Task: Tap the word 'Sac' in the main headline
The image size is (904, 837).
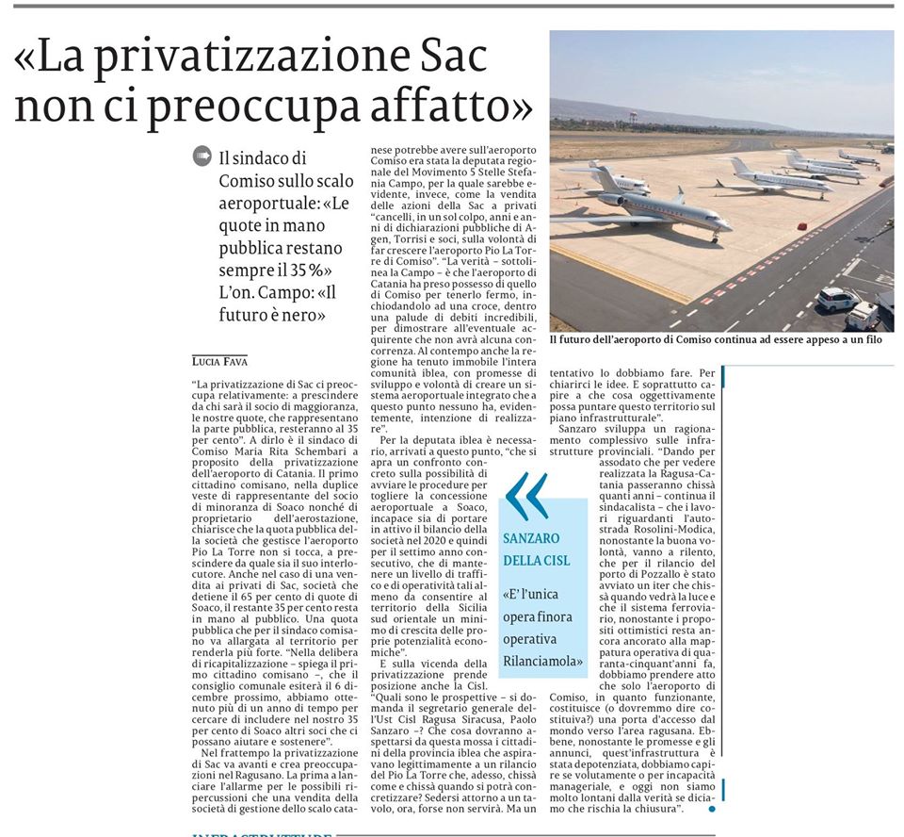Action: [450, 58]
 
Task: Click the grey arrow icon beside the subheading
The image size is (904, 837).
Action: [201, 156]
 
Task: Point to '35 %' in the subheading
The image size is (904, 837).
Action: [293, 270]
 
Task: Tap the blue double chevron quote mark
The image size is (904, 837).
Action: [526, 498]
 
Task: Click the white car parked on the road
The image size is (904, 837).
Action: [836, 299]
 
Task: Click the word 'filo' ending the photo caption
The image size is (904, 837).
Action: [872, 339]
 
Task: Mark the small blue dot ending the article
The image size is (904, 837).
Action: [711, 808]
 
